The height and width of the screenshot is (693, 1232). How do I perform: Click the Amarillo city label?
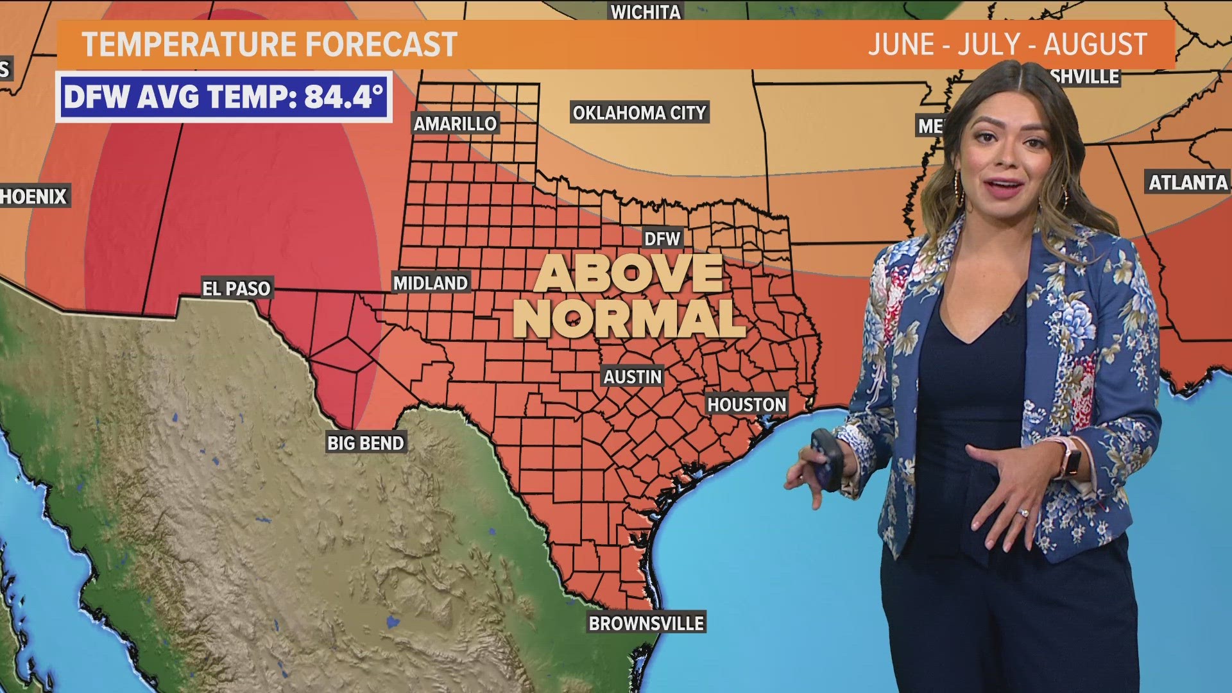455,123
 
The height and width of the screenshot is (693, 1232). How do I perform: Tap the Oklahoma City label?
639,113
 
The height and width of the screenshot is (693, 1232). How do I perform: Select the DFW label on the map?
662,239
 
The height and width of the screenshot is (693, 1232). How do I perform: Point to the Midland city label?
430,283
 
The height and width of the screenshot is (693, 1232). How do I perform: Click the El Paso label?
236,289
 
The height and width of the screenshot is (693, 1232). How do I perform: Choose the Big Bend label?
366,443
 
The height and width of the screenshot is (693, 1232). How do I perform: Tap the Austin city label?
632,377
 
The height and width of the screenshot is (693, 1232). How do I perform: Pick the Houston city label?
746,404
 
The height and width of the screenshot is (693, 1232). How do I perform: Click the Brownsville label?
646,623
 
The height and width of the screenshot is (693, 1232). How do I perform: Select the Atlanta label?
1188,183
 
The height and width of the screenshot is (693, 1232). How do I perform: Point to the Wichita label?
645,12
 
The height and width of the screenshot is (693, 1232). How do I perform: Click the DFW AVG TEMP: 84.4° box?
223,97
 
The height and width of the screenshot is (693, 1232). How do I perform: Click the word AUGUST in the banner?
1095,44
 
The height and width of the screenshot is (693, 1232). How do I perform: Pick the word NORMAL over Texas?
628,318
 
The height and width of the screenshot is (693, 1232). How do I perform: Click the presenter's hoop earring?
959,187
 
